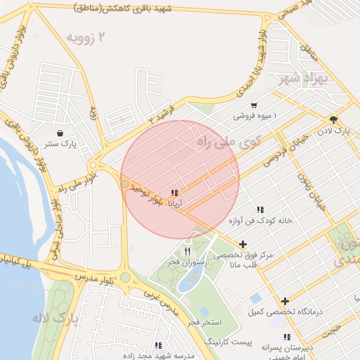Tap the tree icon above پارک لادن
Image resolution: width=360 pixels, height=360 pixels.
point(333,119)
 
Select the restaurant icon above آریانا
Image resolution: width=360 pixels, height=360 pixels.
point(174,192)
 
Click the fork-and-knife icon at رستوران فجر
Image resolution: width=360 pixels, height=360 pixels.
point(187,250)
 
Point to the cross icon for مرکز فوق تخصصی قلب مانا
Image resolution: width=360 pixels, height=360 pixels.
point(243,245)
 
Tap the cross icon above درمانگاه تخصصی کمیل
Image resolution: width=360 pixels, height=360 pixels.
point(285,301)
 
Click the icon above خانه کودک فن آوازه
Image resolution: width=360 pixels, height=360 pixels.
point(260,210)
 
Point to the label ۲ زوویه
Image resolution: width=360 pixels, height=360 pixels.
point(89,37)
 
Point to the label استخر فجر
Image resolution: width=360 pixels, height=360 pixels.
point(204,322)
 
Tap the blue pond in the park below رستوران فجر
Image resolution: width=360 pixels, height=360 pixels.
point(188,280)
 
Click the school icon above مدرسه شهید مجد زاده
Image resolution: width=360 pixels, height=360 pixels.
point(158,345)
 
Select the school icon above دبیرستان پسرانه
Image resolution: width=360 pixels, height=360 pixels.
point(287,337)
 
